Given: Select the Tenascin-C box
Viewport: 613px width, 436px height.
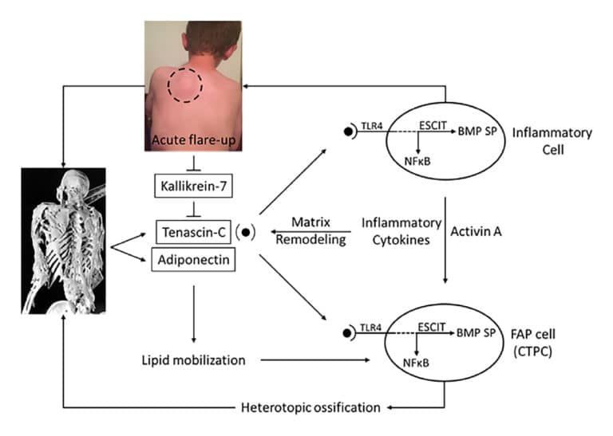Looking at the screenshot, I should (x=192, y=232).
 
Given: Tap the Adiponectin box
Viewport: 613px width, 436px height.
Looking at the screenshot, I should (x=192, y=259).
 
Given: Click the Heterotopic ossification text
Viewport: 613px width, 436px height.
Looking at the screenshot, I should (x=310, y=408).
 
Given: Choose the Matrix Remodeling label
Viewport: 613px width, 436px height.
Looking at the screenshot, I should (x=311, y=230).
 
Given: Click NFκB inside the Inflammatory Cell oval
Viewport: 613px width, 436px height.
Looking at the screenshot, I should (x=419, y=159).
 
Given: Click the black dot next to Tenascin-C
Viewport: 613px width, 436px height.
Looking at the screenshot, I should (x=248, y=233).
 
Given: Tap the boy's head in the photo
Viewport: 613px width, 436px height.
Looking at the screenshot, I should (x=194, y=40).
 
